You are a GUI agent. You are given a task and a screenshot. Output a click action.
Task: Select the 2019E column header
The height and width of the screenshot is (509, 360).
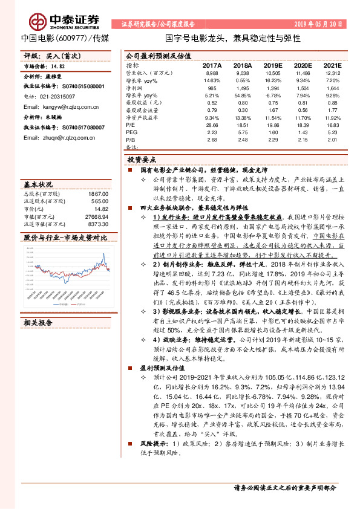pyautogui.click(x=273, y=65)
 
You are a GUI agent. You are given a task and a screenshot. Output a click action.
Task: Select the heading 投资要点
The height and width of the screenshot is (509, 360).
pyautogui.click(x=141, y=160)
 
